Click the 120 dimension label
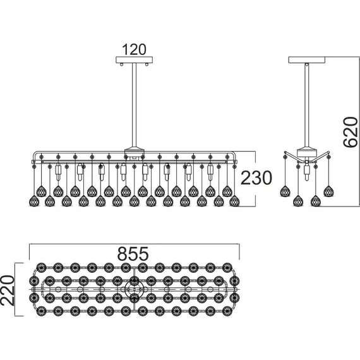tap(134, 49)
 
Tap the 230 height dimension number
tap(256, 178)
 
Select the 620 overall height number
tap(351, 132)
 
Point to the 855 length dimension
tap(133, 253)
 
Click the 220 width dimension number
tap(8, 291)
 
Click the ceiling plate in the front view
tap(134, 60)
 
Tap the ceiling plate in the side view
tap(307, 60)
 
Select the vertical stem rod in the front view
tap(135, 105)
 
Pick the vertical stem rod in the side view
tap(307, 105)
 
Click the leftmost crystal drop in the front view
tap(34, 201)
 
